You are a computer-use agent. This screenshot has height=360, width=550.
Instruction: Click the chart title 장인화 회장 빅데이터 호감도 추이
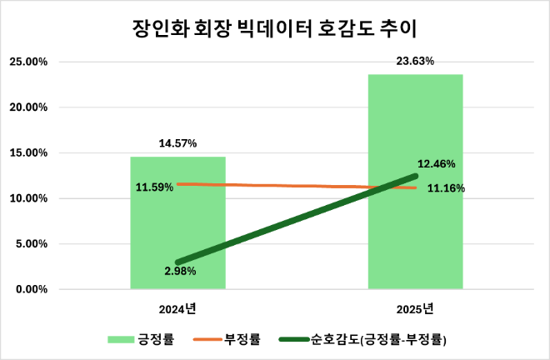pyautogui.click(x=274, y=27)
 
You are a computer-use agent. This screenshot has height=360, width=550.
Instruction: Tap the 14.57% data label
pyautogui.click(x=177, y=143)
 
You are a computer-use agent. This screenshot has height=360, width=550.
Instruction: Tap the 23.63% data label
pyautogui.click(x=416, y=61)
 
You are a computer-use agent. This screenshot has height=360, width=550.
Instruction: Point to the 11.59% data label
pyautogui.click(x=154, y=187)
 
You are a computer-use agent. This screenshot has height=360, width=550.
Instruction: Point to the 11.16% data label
pyautogui.click(x=446, y=188)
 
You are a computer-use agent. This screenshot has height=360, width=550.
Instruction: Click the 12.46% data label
pyautogui.click(x=436, y=163)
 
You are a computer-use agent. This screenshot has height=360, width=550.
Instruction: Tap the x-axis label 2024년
pyautogui.click(x=177, y=309)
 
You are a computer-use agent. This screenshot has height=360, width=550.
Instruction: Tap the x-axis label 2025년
pyautogui.click(x=416, y=309)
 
